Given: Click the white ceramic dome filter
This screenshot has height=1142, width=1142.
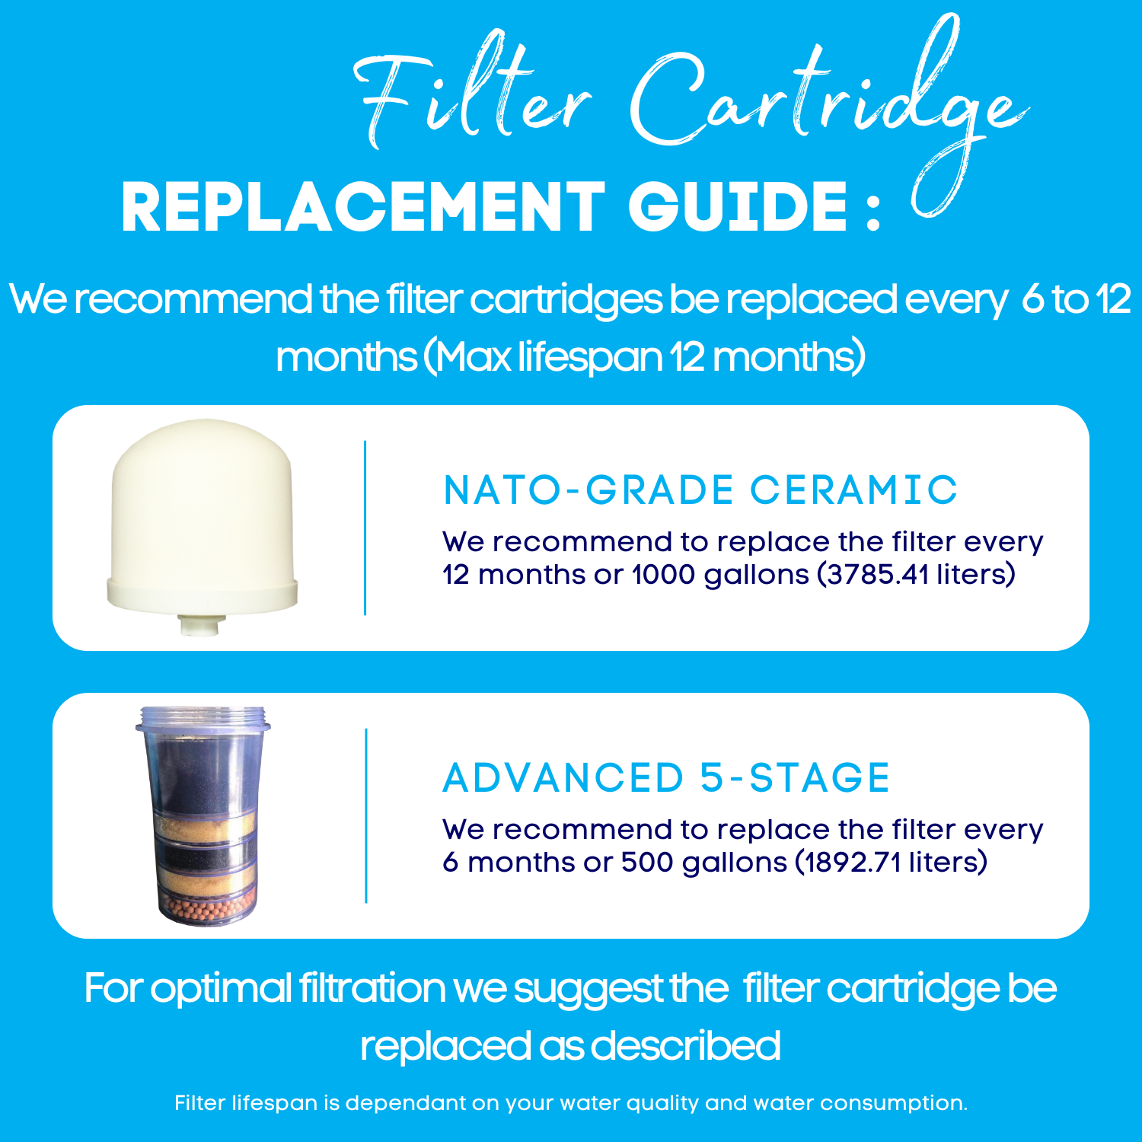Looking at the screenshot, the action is point(202,518).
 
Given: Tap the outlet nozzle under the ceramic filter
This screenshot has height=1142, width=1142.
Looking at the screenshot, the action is point(199,624).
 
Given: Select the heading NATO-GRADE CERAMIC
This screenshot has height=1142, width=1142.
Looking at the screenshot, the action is point(700,490).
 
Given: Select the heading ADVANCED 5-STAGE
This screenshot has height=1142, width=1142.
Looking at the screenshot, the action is point(666,777).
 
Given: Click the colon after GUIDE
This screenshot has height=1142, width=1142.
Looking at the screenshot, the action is point(873,213).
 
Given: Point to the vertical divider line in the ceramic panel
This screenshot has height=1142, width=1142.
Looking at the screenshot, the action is point(365,528).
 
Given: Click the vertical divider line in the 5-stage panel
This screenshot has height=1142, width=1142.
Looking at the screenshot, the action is point(366,815).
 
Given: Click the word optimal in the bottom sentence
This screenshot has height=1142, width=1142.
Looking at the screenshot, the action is point(221,988).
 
